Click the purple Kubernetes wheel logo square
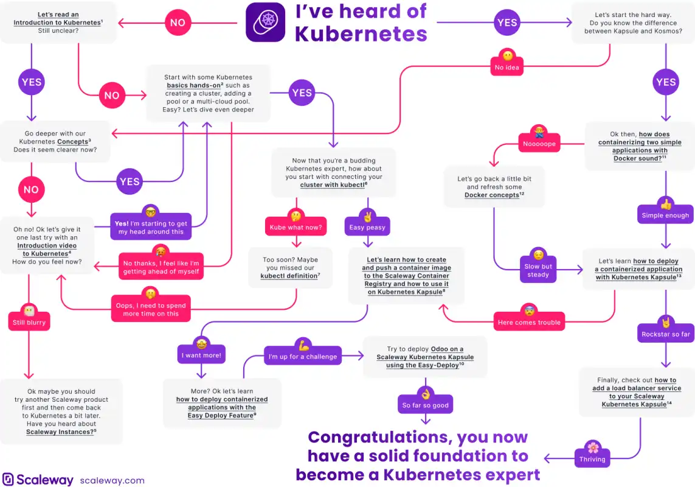click(266, 22)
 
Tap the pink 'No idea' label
click(507, 67)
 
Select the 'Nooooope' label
click(539, 144)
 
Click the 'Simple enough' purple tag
click(665, 215)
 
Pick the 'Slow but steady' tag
click(538, 270)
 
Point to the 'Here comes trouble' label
click(529, 322)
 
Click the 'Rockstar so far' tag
click(666, 334)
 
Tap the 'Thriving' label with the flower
click(592, 458)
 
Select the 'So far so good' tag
click(425, 405)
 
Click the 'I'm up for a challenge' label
click(303, 356)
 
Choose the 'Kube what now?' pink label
click(296, 227)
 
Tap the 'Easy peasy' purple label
click(367, 227)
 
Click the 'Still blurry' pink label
click(29, 322)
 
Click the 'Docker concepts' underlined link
click(492, 195)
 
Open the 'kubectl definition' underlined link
click(289, 276)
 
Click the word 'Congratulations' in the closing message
click(380, 437)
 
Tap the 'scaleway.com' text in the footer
click(112, 480)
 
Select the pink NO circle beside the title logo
click(178, 22)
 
